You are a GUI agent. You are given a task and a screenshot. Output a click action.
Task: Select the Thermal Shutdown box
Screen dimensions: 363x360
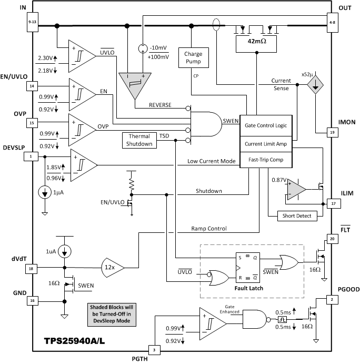point(139,140)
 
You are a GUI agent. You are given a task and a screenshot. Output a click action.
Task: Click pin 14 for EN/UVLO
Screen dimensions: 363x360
point(32,86)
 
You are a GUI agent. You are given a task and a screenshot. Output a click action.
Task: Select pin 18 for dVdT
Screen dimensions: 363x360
point(32,269)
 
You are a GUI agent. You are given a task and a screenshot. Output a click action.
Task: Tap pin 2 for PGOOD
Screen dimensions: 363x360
point(333,299)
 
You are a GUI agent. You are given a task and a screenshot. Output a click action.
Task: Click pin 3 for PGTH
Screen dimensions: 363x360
point(154,349)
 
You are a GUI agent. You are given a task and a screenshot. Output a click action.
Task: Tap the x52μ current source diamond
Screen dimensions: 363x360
point(315,86)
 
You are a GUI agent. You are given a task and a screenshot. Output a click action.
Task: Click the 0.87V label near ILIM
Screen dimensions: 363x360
point(278,180)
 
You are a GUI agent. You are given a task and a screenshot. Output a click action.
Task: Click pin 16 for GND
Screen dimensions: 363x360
point(32,301)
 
